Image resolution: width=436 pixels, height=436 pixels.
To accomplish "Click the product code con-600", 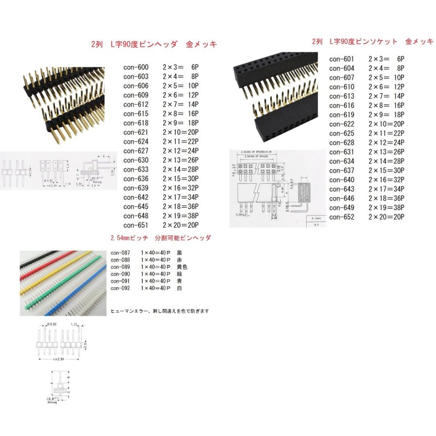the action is point(136,67).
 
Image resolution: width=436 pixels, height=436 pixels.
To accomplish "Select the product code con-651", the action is point(136,225).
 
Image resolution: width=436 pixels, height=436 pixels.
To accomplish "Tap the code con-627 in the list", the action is point(136,151).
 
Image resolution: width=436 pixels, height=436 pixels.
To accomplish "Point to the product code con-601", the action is point(342,59).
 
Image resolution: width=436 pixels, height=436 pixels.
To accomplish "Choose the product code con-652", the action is point(342,217).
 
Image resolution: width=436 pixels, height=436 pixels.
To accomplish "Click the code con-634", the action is point(342,161).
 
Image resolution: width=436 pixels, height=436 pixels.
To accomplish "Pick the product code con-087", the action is point(120,253).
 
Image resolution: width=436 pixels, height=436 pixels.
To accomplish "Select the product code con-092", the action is point(120,288).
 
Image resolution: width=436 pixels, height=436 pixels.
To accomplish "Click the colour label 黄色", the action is point(182,267).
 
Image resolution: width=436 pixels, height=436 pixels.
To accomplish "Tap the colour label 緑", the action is point(180,274).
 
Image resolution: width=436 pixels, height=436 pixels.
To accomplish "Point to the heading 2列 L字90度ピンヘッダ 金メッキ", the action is point(154,45).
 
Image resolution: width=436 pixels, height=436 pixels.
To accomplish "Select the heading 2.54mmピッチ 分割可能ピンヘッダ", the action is point(160,238).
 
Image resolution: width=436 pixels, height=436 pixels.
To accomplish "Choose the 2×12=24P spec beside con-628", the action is point(386,143).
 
